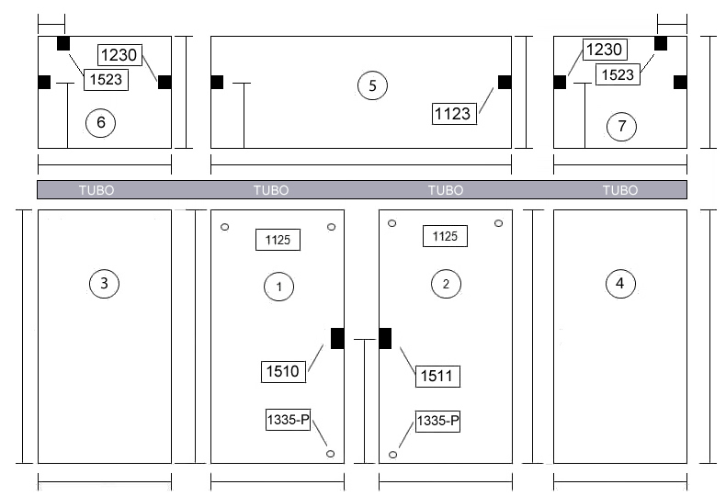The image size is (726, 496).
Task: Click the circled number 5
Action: (x=373, y=85)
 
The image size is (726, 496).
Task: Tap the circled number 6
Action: (x=100, y=122)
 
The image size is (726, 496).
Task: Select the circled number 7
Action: (x=621, y=126)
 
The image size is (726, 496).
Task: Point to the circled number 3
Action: (x=104, y=283)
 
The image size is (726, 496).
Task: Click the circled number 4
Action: (x=620, y=283)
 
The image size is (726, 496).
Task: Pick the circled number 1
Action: (x=278, y=287)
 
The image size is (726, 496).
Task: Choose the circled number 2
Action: (x=446, y=283)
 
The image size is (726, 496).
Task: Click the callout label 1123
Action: (x=454, y=114)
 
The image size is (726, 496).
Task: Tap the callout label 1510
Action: (x=283, y=371)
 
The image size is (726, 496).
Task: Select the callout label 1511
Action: (x=437, y=376)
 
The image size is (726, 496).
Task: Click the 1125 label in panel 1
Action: (x=278, y=240)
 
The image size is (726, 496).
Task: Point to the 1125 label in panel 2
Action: (x=445, y=236)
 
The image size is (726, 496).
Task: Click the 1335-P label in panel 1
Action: (x=288, y=420)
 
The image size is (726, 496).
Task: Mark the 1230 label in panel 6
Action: (x=119, y=55)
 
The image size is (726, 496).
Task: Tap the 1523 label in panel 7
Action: (x=618, y=74)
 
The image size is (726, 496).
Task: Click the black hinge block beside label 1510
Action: (x=337, y=338)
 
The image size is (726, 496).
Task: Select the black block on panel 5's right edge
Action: (x=505, y=83)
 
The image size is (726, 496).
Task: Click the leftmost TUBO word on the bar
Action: (x=96, y=190)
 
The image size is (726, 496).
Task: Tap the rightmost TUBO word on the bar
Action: (x=620, y=190)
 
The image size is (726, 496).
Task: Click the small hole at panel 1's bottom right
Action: (x=330, y=454)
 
